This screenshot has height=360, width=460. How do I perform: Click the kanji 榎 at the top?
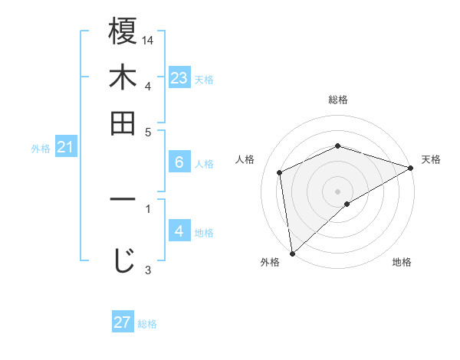click(123, 31)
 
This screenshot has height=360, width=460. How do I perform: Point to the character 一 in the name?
click(123, 200)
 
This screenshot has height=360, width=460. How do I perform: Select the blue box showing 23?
click(179, 77)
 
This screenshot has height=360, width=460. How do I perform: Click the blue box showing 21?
click(64, 147)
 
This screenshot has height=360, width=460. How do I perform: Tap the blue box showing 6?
click(179, 162)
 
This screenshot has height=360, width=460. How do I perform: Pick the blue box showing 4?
click(179, 231)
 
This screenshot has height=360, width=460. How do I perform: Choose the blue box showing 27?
click(123, 322)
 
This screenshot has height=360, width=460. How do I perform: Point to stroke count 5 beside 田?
click(148, 131)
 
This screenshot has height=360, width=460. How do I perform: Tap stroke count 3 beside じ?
click(148, 269)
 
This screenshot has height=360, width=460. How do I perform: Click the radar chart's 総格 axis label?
click(338, 100)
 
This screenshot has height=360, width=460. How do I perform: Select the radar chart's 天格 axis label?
click(431, 159)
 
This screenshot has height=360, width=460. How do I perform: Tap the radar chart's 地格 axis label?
click(402, 263)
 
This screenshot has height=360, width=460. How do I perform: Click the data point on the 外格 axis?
click(291, 254)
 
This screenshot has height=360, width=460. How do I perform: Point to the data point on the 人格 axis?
click(280, 172)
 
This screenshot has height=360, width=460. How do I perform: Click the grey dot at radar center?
click(338, 191)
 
